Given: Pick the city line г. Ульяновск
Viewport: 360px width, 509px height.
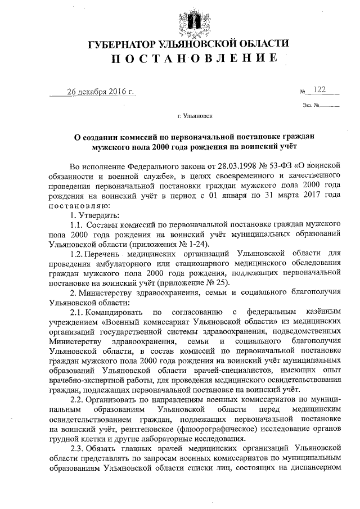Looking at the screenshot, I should [195, 116].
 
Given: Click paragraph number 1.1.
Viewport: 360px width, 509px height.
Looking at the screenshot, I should [76, 225].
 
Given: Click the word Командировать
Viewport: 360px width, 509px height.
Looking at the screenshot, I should [115, 312].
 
